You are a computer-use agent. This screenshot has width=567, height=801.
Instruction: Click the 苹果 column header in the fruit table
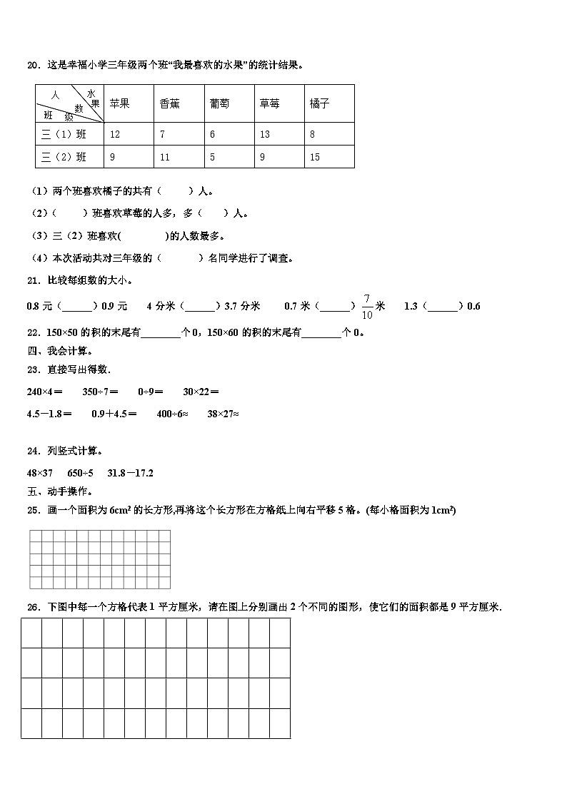pos(119,103)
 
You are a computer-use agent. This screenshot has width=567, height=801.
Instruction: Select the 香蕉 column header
pos(170,103)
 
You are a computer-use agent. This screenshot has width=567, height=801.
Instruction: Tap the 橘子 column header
pos(320,103)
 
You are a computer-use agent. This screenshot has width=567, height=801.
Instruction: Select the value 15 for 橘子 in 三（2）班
pos(315,157)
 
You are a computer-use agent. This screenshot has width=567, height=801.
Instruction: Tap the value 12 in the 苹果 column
pos(115,134)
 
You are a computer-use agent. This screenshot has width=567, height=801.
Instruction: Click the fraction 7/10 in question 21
pos(367,306)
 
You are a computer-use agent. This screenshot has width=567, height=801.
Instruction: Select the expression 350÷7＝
pos(100,391)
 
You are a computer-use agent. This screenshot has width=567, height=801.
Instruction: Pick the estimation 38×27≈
pos(223,413)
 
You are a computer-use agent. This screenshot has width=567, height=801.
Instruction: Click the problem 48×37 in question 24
pos(40,472)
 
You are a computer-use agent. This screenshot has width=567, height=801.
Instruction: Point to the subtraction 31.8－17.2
pos(131,472)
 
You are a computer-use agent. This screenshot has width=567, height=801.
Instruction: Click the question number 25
pos(32,510)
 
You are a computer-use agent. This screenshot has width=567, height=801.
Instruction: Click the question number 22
pos(32,332)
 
